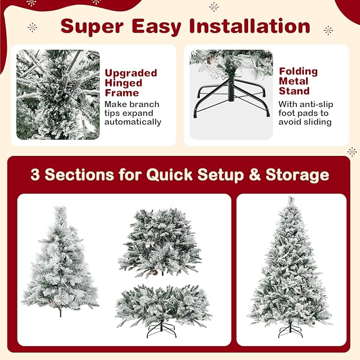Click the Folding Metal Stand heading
[x=298, y=81]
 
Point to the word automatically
[x=133, y=122]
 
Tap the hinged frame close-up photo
[x=58, y=94]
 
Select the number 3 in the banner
[x=35, y=175]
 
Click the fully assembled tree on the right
[x=290, y=265]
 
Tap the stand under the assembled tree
[x=290, y=331]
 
